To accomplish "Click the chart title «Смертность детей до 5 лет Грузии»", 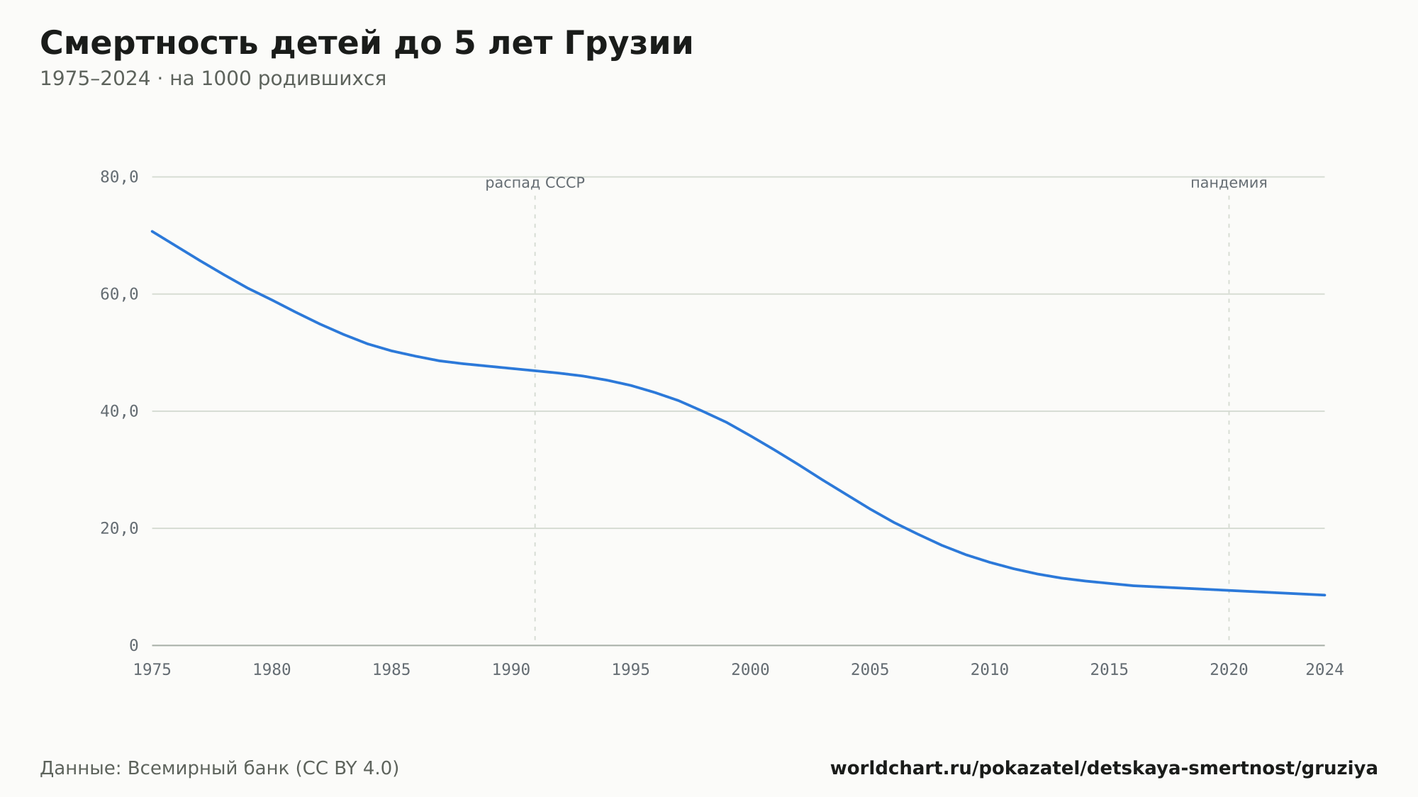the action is coord(366,44).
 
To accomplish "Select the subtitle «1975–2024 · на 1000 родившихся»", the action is coord(213,79).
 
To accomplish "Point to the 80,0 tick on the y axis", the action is coord(119,177).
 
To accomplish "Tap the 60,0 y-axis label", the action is coord(119,294).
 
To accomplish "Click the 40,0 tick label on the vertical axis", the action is coord(119,411).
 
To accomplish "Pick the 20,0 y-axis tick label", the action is coord(119,528).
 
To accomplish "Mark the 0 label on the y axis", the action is coord(134,645).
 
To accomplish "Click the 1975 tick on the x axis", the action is coord(152,670).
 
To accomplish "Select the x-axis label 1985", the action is coord(391,670).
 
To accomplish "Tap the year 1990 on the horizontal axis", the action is coord(511,670).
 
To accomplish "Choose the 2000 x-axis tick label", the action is coord(750,670).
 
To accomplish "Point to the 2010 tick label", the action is coord(990,670).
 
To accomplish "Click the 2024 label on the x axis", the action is coord(1324,670).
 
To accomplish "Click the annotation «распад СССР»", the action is coord(535,183).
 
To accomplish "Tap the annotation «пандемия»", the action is coord(1229,183).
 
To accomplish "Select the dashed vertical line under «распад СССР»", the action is coord(535,418).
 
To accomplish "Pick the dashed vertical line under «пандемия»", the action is coord(1229,418).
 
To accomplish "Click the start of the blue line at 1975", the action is coord(152,231).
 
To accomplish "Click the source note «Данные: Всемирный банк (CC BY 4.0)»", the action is coord(219,768).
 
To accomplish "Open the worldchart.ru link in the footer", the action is coord(1104,768).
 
